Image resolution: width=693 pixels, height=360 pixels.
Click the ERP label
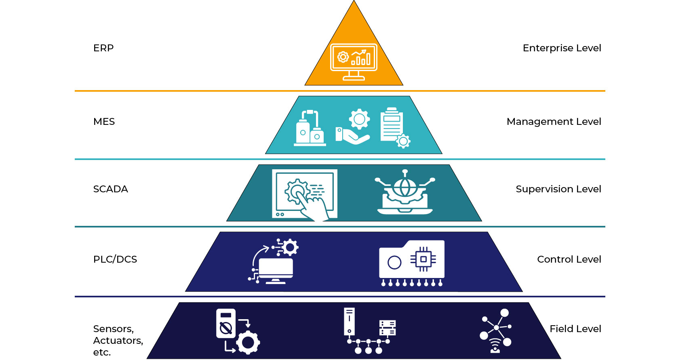pos(103,48)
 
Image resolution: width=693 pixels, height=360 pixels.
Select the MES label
pos(104,122)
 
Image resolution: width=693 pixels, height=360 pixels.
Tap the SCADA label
pos(110,189)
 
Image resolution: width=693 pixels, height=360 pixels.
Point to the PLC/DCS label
pos(115,259)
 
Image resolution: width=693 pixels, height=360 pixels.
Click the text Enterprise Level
pos(562,48)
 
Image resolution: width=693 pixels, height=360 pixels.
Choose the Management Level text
pos(554,122)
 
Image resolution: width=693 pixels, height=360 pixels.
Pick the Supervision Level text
pos(558,189)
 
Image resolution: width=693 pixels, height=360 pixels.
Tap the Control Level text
pos(569,259)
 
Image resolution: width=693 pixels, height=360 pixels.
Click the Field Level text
pos(575,329)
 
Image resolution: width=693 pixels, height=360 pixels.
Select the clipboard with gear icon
pos(394,127)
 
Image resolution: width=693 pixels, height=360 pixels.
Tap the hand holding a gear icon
pos(353,127)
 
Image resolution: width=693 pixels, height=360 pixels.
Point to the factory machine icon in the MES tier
pos(310,128)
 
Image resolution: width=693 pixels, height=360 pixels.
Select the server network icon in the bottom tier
pos(369,331)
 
